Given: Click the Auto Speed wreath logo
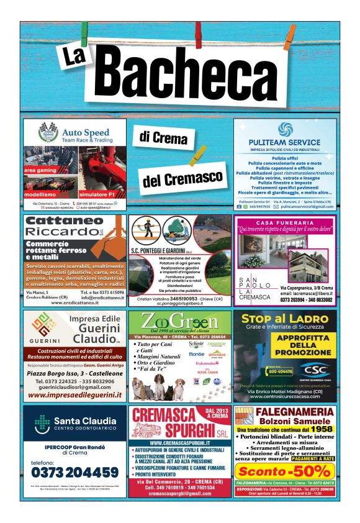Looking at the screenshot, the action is pyautogui.click(x=47, y=133).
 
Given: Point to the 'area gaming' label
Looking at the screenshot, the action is pyautogui.click(x=40, y=170).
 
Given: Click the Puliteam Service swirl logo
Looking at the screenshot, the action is pyautogui.click(x=286, y=130).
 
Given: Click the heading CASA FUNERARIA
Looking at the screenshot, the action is pyautogui.click(x=285, y=223).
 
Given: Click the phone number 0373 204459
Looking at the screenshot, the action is pyautogui.click(x=74, y=471).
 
